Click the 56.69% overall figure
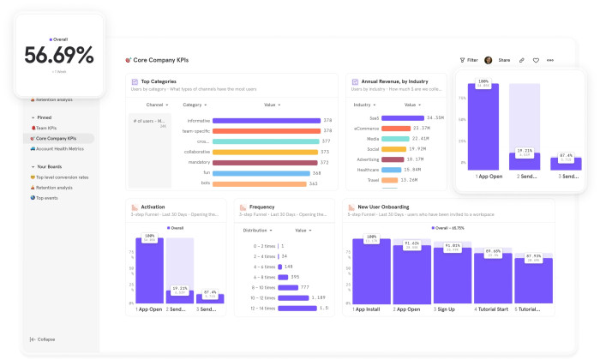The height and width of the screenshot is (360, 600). [58, 57]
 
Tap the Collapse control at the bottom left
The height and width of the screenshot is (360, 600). [45, 339]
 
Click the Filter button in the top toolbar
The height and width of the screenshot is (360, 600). [469, 60]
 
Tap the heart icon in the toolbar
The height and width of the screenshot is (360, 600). [536, 60]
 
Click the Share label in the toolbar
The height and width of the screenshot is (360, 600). [504, 60]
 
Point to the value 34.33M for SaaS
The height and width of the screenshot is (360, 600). [435, 117]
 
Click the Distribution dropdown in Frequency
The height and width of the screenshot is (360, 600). [258, 230]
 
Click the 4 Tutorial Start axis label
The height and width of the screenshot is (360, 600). [492, 309]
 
